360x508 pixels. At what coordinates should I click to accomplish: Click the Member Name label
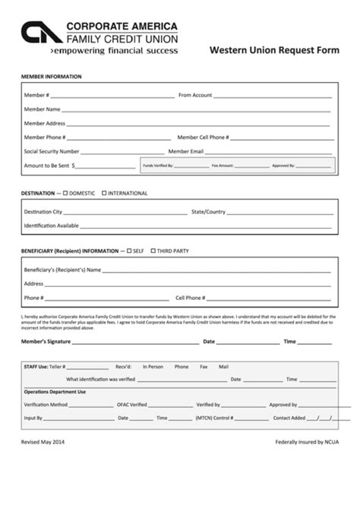[x=42, y=109]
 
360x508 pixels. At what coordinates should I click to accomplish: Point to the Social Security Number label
[x=52, y=151]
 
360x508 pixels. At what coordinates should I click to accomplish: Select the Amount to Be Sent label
[x=47, y=165]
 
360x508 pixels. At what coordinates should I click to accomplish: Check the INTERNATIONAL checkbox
[x=104, y=194]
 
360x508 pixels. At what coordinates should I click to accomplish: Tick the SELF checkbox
[x=130, y=250]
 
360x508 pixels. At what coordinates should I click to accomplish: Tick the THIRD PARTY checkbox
[x=153, y=250]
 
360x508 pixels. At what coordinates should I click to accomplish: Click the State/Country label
[x=208, y=212]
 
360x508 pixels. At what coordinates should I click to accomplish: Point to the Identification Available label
[x=51, y=226]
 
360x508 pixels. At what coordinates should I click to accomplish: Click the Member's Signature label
[x=49, y=342]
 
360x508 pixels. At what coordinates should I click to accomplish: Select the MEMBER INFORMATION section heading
[x=51, y=77]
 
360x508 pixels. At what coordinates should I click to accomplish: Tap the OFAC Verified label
[x=131, y=405]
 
